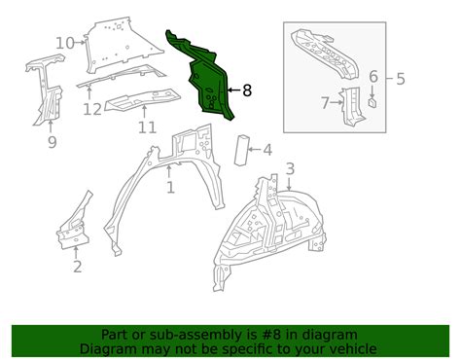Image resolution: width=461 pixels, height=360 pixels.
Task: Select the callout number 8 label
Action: (x=247, y=90)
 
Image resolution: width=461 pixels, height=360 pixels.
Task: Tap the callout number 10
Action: (x=65, y=43)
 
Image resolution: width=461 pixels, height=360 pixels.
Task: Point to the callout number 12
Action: (x=92, y=109)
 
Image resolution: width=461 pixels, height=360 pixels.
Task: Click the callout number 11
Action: (x=147, y=127)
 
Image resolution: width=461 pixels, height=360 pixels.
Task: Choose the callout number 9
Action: (x=53, y=142)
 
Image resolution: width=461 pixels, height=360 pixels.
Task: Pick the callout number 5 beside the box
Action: (x=401, y=79)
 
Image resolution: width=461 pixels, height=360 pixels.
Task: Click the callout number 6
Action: (x=373, y=77)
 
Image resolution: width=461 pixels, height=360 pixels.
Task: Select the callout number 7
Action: (x=326, y=103)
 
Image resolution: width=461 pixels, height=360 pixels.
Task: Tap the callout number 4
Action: (x=267, y=150)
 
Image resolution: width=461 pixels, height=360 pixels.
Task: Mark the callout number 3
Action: (x=290, y=169)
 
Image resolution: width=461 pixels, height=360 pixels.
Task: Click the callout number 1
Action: (x=170, y=188)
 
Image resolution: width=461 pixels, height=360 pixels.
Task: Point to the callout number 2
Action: (x=77, y=267)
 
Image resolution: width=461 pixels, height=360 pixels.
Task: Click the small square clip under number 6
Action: (x=372, y=102)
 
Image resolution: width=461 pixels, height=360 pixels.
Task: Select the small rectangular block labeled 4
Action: (x=243, y=151)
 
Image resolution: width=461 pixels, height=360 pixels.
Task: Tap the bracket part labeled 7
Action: (x=353, y=107)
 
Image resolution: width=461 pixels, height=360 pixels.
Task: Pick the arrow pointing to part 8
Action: (x=233, y=90)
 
